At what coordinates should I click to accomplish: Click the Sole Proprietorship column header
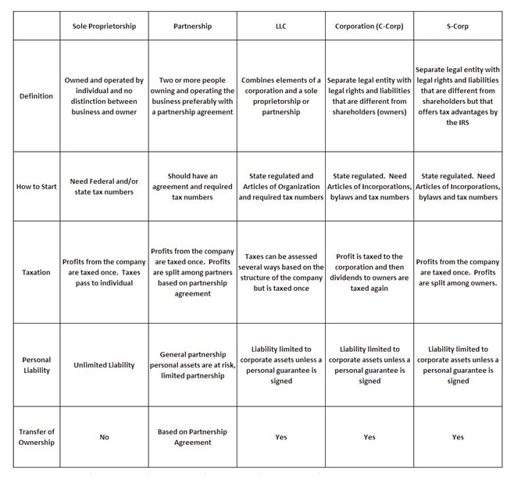[104, 26]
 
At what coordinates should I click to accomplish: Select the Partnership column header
[191, 26]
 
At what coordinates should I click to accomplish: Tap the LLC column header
[281, 26]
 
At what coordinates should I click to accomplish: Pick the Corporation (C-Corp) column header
[369, 26]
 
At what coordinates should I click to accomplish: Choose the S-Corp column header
[458, 26]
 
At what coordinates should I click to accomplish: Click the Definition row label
[36, 96]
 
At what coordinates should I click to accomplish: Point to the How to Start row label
[36, 187]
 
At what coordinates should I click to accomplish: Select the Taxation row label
[36, 272]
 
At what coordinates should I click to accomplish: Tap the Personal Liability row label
[36, 365]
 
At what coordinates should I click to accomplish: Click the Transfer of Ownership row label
[36, 437]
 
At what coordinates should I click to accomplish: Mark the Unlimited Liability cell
[104, 365]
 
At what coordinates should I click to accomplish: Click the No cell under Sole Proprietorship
[104, 437]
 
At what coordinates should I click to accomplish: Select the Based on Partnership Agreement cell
[192, 437]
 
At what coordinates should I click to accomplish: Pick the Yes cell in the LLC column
[281, 437]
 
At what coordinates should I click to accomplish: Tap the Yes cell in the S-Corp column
[458, 437]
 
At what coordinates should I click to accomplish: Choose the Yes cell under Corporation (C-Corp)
[369, 437]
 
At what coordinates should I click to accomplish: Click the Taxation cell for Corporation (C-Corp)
[369, 272]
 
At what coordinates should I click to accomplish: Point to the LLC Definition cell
[281, 96]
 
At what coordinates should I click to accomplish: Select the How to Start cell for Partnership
[192, 187]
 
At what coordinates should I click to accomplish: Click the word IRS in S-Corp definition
[459, 124]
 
